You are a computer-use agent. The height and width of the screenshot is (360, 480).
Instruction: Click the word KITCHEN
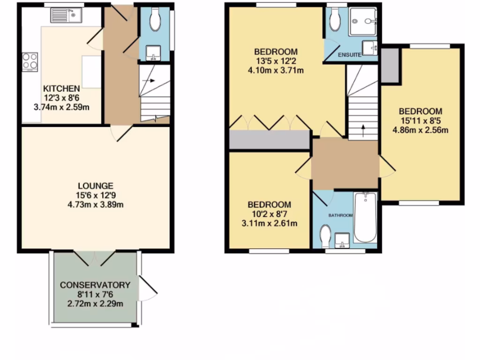pos(61,89)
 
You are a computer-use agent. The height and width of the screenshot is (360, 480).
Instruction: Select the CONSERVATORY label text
pos(95,285)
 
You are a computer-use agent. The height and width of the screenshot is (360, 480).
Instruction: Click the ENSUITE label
pos(350,55)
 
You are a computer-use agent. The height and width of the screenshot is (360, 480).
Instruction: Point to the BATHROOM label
pos(340,216)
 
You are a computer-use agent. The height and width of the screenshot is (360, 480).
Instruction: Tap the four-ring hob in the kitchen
pos(30,61)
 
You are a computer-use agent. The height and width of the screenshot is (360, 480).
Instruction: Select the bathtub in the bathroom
pos(365,217)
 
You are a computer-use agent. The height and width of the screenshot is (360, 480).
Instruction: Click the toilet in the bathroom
pos(325,233)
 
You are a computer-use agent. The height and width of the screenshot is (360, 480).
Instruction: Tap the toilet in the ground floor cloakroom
pos(154,19)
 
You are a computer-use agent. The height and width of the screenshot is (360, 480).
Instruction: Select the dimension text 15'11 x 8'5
pos(420,121)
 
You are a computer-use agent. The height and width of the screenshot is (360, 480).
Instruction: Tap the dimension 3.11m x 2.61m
pos(269,223)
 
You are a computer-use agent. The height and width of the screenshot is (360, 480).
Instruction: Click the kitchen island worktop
pos(91,71)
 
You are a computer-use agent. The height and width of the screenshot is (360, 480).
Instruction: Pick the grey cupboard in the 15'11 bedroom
pos(389,65)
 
